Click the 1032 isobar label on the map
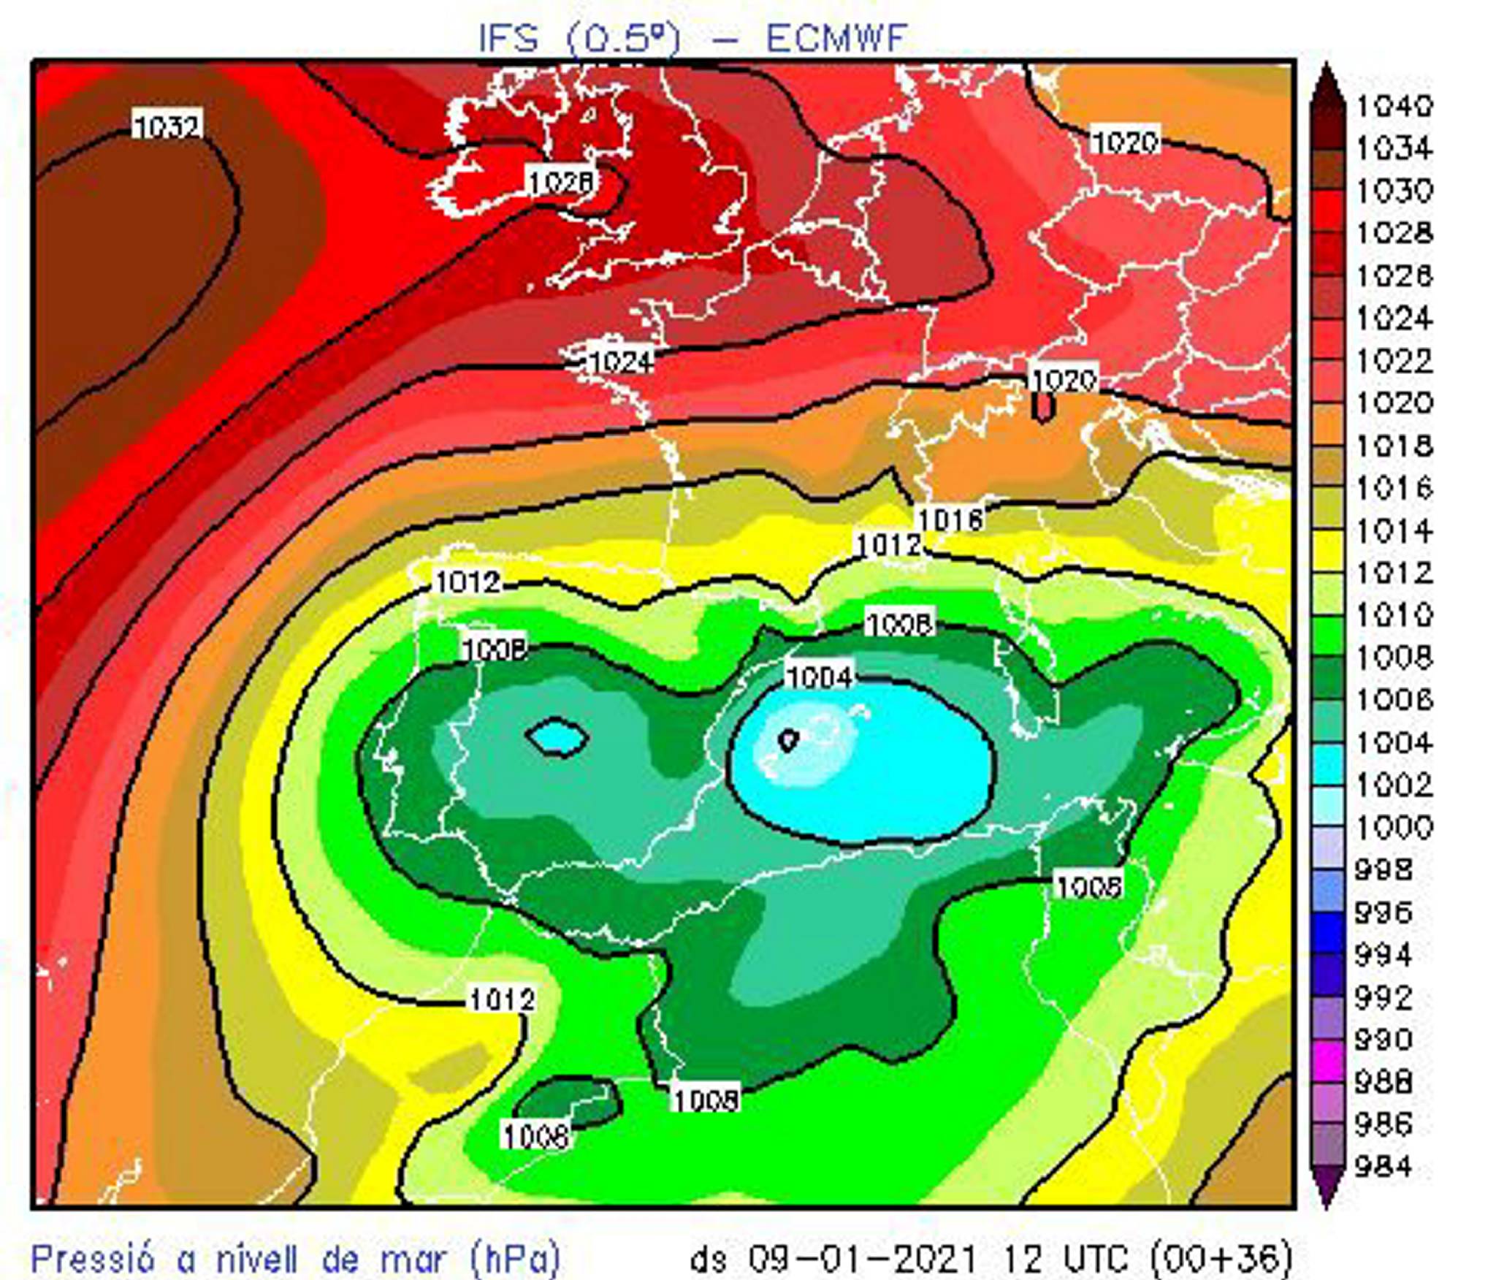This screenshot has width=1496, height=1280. click(x=167, y=126)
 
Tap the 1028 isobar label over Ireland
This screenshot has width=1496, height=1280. click(x=560, y=181)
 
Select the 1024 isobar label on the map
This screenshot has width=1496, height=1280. click(x=619, y=362)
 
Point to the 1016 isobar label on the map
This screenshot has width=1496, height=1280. click(x=950, y=519)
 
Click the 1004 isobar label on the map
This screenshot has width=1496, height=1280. click(x=819, y=677)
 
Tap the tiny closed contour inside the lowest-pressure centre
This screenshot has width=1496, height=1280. click(x=787, y=740)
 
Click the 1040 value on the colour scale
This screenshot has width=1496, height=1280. click(x=1394, y=106)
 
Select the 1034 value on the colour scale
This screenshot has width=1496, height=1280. click(x=1394, y=148)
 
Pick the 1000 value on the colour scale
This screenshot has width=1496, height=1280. click(x=1394, y=828)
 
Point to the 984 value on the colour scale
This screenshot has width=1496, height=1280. click(x=1384, y=1167)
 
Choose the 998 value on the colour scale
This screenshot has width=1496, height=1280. click(x=1384, y=869)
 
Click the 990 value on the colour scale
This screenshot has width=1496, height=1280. click(x=1384, y=1039)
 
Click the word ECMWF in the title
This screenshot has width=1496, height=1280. click(x=836, y=38)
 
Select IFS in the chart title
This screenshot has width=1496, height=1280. click(x=508, y=38)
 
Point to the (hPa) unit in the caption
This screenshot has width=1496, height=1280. click(x=516, y=1258)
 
